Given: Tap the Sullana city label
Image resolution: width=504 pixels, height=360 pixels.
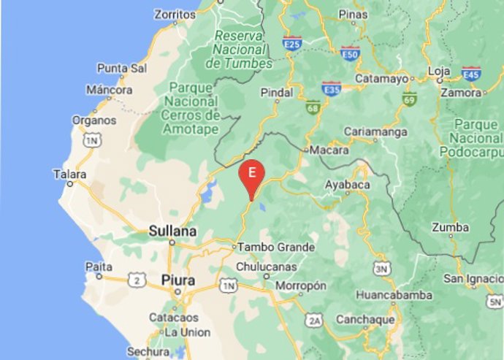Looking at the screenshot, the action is click(172, 231).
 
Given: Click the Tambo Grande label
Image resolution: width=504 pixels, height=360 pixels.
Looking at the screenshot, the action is click(265, 248).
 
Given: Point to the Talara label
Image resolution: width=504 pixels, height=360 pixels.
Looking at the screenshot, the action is click(70, 175).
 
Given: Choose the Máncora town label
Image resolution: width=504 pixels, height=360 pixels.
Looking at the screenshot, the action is click(109, 91).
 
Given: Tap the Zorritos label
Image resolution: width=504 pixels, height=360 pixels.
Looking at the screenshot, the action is click(176, 14).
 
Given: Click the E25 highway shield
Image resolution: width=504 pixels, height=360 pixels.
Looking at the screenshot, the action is click(293, 44).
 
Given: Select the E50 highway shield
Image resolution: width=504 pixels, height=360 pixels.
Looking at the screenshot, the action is click(350, 53).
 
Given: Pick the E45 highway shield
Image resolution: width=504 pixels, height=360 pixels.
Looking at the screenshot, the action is click(471, 73).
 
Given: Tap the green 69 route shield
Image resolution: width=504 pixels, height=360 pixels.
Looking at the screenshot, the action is click(409, 99).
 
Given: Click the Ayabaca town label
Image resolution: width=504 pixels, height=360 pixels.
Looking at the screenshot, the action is click(347, 185).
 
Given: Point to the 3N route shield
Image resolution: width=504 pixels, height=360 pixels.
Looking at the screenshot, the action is click(380, 269).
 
